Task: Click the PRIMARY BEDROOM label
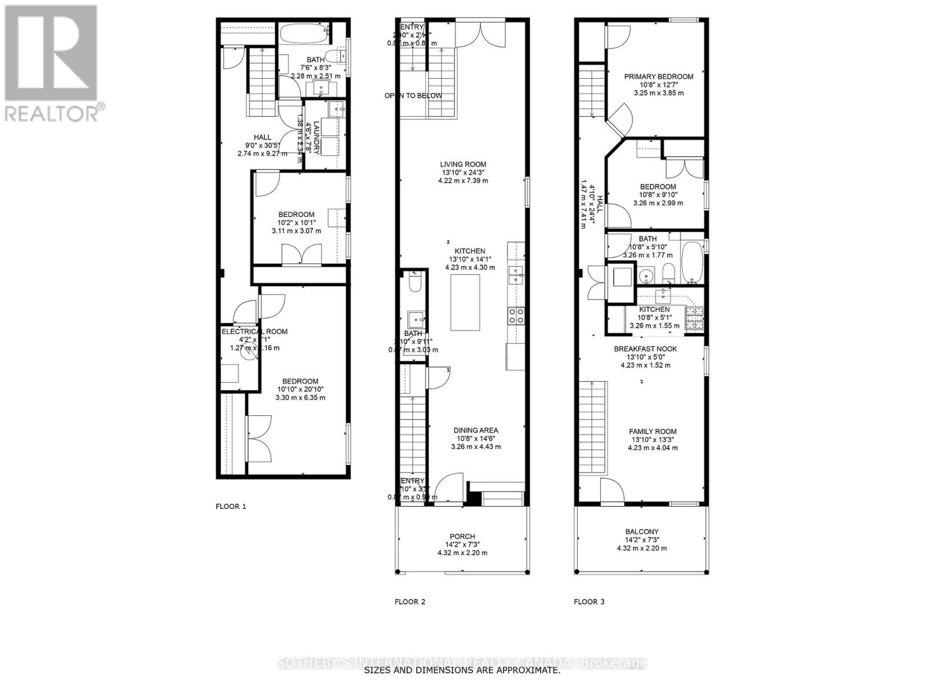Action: (x=658, y=76)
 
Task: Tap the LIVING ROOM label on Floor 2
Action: (x=462, y=164)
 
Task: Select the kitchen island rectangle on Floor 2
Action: (x=465, y=302)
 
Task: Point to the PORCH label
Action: (x=462, y=536)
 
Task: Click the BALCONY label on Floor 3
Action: (x=642, y=531)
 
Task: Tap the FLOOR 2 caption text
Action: (x=410, y=601)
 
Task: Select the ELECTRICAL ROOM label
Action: (x=254, y=331)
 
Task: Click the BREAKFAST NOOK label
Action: (x=645, y=349)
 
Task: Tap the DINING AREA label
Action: (x=475, y=430)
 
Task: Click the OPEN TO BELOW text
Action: (x=413, y=95)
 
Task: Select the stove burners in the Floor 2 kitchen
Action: (x=516, y=315)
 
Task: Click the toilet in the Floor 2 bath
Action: (x=415, y=283)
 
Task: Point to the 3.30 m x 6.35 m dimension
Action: (x=301, y=397)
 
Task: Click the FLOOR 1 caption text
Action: (x=231, y=506)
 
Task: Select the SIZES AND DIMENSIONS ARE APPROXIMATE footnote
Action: (x=461, y=671)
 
